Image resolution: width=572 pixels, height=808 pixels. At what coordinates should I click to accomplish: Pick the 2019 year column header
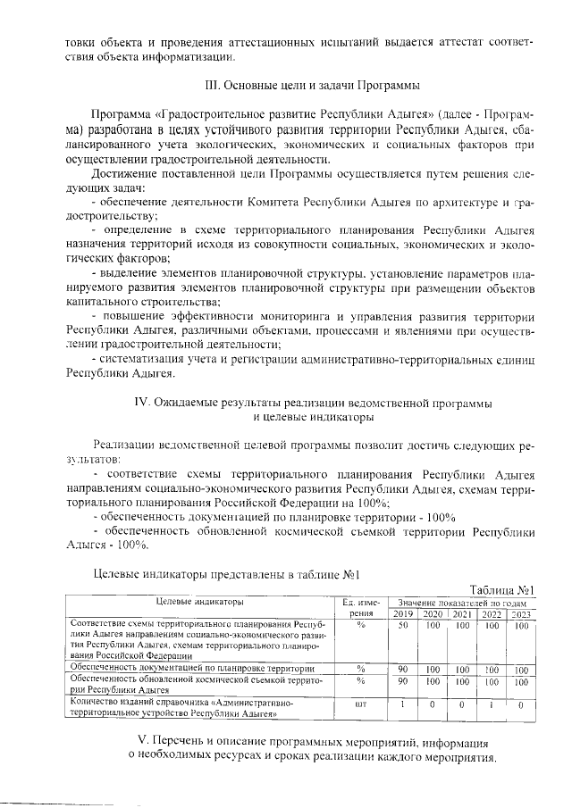pos(403,613)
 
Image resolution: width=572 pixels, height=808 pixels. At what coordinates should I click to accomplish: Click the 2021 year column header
pos(462,613)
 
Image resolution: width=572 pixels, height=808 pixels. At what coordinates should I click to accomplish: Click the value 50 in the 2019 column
pos(403,626)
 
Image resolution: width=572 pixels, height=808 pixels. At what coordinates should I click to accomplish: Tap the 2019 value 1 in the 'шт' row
pos(403,704)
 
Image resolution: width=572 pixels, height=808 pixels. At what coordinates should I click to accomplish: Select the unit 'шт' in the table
pos(361,704)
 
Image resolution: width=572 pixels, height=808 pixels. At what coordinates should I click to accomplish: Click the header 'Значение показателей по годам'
pos(461,603)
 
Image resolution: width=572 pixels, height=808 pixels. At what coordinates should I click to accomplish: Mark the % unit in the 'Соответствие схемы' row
pos(361,626)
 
